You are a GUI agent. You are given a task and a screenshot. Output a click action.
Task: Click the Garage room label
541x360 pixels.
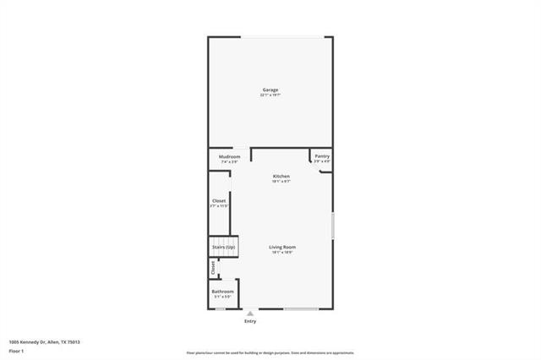pos(270,90)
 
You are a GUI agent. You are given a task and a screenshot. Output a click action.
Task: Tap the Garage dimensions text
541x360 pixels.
pos(270,95)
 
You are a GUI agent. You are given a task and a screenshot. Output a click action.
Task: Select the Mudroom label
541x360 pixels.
pos(230,156)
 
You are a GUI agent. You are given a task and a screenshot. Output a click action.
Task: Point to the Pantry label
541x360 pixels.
pos(322,156)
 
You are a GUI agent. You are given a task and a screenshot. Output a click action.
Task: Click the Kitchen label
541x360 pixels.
pos(281,176)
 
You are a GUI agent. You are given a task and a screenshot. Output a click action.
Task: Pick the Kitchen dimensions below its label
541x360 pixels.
pos(281,181)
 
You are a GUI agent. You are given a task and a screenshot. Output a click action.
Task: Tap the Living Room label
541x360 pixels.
pos(282,247)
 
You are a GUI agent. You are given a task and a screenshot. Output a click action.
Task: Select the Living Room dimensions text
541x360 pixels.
pos(282,252)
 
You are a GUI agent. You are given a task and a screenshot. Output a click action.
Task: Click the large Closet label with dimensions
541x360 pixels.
pos(219,201)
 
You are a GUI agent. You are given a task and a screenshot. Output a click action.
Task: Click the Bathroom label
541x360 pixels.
pos(222,292)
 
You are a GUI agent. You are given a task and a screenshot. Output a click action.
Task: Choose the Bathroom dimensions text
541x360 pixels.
pos(222,297)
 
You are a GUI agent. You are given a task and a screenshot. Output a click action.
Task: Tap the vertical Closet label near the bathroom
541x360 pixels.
pos(213,268)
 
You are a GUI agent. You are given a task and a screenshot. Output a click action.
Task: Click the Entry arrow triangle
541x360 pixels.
pos(249,313)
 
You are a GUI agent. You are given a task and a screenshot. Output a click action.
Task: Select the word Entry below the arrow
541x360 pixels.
pos(249,321)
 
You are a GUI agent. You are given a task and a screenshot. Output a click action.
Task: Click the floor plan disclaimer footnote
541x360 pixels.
pos(270,352)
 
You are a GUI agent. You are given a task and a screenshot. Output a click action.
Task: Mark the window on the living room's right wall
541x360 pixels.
pos(332,226)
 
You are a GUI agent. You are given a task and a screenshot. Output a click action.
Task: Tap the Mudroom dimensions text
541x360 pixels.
pos(230,161)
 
